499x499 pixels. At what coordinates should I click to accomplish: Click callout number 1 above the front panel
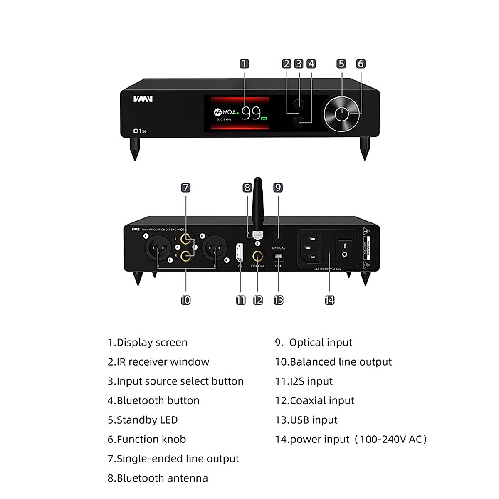click(x=245, y=64)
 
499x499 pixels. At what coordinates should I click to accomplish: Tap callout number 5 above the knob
click(x=341, y=64)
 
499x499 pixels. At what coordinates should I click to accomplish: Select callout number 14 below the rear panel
click(x=329, y=300)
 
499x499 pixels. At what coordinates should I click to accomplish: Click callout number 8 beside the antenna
click(x=247, y=188)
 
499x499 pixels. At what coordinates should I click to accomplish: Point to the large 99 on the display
click(x=251, y=113)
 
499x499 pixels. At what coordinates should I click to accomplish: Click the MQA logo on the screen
click(x=225, y=112)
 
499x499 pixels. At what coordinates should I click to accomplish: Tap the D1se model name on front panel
click(x=140, y=131)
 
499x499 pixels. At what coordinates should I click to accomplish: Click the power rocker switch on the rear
click(x=344, y=249)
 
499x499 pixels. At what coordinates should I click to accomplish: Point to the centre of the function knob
click(x=341, y=114)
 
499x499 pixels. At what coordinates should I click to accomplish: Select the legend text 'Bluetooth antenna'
click(x=158, y=478)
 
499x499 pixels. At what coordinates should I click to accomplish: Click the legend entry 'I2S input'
click(x=304, y=381)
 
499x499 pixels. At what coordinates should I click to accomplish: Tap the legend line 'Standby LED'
click(x=143, y=420)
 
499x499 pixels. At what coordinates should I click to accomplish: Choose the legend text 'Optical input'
click(x=314, y=343)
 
